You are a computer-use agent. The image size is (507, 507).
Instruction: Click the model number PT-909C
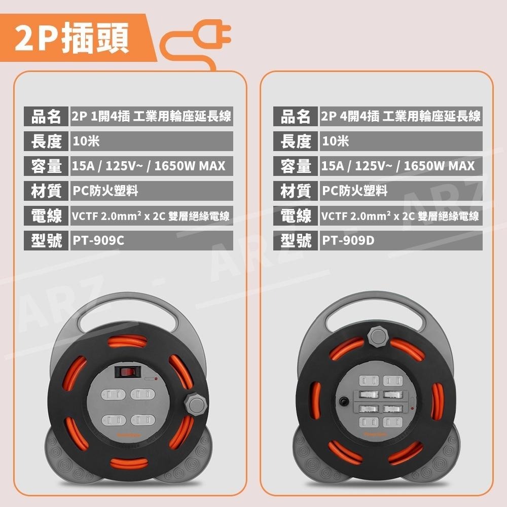click(x=98, y=240)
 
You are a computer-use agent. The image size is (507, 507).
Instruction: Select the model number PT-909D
click(x=348, y=240)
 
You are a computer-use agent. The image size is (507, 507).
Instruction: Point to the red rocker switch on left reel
click(x=127, y=372)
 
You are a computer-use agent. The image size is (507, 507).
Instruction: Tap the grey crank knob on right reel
click(x=376, y=336)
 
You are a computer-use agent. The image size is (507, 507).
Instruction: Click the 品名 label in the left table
click(x=46, y=117)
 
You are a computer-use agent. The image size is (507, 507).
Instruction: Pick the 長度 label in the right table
click(x=296, y=141)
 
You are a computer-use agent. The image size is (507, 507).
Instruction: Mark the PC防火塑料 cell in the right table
click(x=355, y=191)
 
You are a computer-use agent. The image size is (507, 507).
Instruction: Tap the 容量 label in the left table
click(x=46, y=166)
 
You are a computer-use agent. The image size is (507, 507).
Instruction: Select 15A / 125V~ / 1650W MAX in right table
click(x=398, y=166)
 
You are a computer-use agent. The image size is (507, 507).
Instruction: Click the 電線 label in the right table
click(x=296, y=216)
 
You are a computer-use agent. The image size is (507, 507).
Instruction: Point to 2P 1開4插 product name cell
click(x=152, y=117)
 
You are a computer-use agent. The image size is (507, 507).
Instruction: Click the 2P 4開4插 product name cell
click(x=401, y=117)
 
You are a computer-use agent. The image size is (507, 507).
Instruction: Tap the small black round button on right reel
click(x=344, y=401)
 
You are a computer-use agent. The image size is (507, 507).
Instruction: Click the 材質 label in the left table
click(x=46, y=191)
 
